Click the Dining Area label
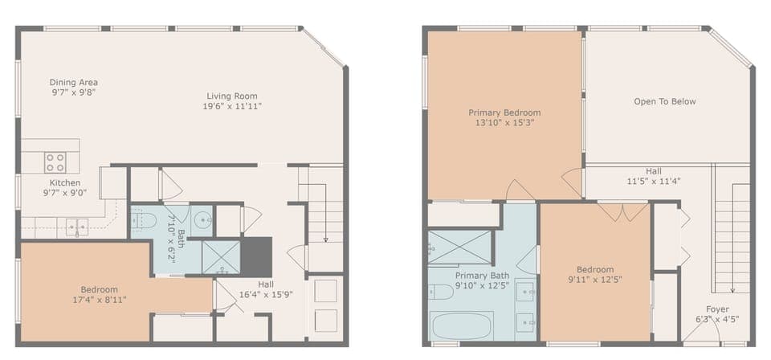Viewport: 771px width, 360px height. tap(74, 82)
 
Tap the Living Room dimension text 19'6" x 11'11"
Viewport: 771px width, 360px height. tap(232, 106)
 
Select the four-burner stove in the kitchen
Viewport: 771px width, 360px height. tap(55, 162)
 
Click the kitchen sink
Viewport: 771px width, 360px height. tap(77, 227)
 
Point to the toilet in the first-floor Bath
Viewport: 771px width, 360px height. tap(143, 221)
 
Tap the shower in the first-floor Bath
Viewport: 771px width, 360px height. tap(222, 257)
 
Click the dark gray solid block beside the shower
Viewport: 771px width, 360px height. tap(256, 256)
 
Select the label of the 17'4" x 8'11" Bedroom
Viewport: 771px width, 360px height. tap(100, 289)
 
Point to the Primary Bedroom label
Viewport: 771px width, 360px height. tap(504, 112)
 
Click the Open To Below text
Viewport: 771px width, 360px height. tap(665, 101)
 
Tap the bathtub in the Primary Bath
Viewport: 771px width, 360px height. tap(462, 325)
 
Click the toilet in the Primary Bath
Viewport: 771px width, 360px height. tap(441, 292)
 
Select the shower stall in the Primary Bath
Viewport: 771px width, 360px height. tap(459, 247)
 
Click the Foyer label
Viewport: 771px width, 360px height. tap(717, 309)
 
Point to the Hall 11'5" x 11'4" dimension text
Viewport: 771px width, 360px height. tap(654, 181)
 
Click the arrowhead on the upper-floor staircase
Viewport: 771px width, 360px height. tap(732, 290)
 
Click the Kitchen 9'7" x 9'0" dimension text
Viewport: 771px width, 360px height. tap(65, 193)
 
